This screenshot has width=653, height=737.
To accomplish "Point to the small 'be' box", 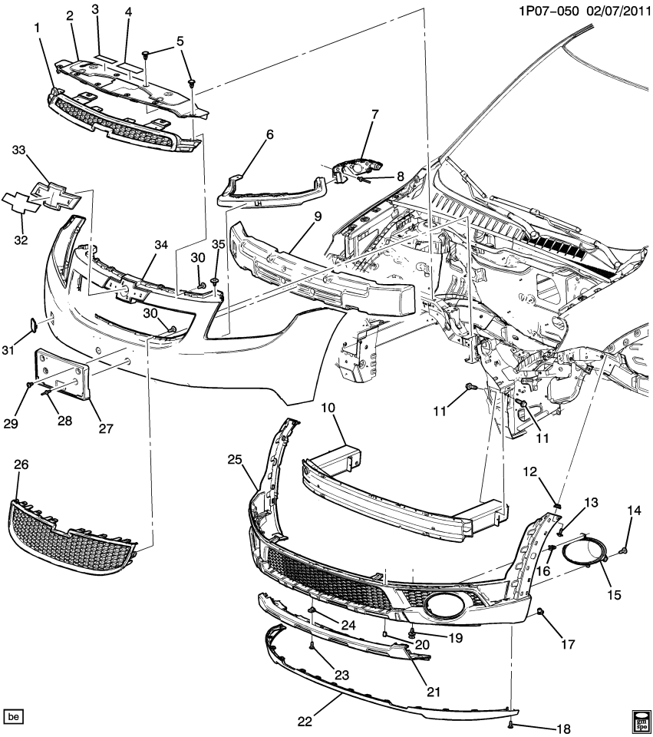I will (x=14, y=716).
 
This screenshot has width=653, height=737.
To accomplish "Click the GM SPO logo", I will (x=639, y=719).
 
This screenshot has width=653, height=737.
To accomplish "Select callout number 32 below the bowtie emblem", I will (x=21, y=240).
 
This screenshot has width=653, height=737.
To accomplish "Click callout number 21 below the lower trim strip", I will (x=434, y=692).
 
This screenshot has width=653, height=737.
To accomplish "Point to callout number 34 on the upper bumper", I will (x=160, y=245).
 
